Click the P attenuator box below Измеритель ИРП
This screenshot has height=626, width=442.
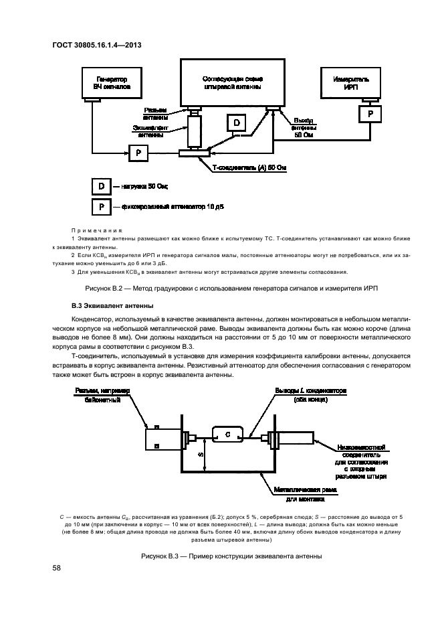[368, 114]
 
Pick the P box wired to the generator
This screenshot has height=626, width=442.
[138, 153]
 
